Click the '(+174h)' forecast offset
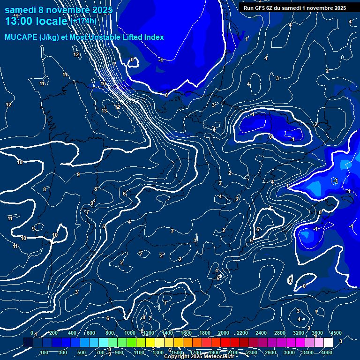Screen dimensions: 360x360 (83, 21)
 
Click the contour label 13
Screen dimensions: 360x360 (104, 111)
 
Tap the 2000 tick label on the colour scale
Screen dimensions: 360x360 (223, 333)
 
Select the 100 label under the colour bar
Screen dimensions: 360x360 (45, 352)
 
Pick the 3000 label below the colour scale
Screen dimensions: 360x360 (289, 352)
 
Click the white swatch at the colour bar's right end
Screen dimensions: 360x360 (327, 343)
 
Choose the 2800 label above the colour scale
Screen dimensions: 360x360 (279, 333)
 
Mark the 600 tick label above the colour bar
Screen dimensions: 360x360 (91, 333)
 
